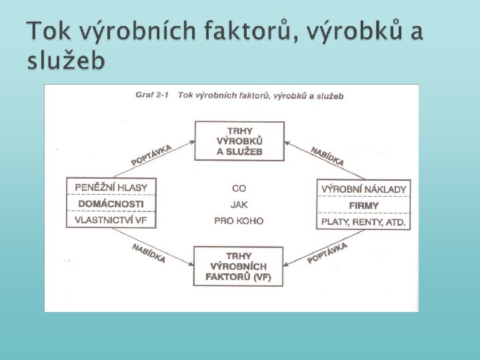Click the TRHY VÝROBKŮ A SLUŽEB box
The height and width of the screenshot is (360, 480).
click(x=239, y=141)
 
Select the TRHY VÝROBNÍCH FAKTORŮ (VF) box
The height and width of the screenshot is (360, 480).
click(x=239, y=266)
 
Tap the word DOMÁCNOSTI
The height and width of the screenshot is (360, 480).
click(x=111, y=203)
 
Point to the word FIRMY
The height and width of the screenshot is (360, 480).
click(x=363, y=205)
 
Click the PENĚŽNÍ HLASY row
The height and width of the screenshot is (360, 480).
click(x=111, y=187)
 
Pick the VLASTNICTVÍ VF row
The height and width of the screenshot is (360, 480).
click(x=111, y=220)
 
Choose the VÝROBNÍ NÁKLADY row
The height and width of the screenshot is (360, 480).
click(x=363, y=189)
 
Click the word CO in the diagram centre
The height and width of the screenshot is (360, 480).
click(x=239, y=189)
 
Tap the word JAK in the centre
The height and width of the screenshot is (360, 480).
click(x=239, y=205)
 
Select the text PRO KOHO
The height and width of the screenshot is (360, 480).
click(x=239, y=221)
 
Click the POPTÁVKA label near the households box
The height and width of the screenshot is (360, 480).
click(x=151, y=155)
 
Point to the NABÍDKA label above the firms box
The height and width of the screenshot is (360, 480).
click(x=327, y=156)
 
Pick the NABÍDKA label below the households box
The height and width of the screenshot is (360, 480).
click(x=149, y=253)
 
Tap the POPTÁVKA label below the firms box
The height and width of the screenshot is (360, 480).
click(x=327, y=253)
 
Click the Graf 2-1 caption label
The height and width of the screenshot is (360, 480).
click(x=153, y=95)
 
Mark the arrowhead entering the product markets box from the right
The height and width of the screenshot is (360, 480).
click(x=287, y=142)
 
